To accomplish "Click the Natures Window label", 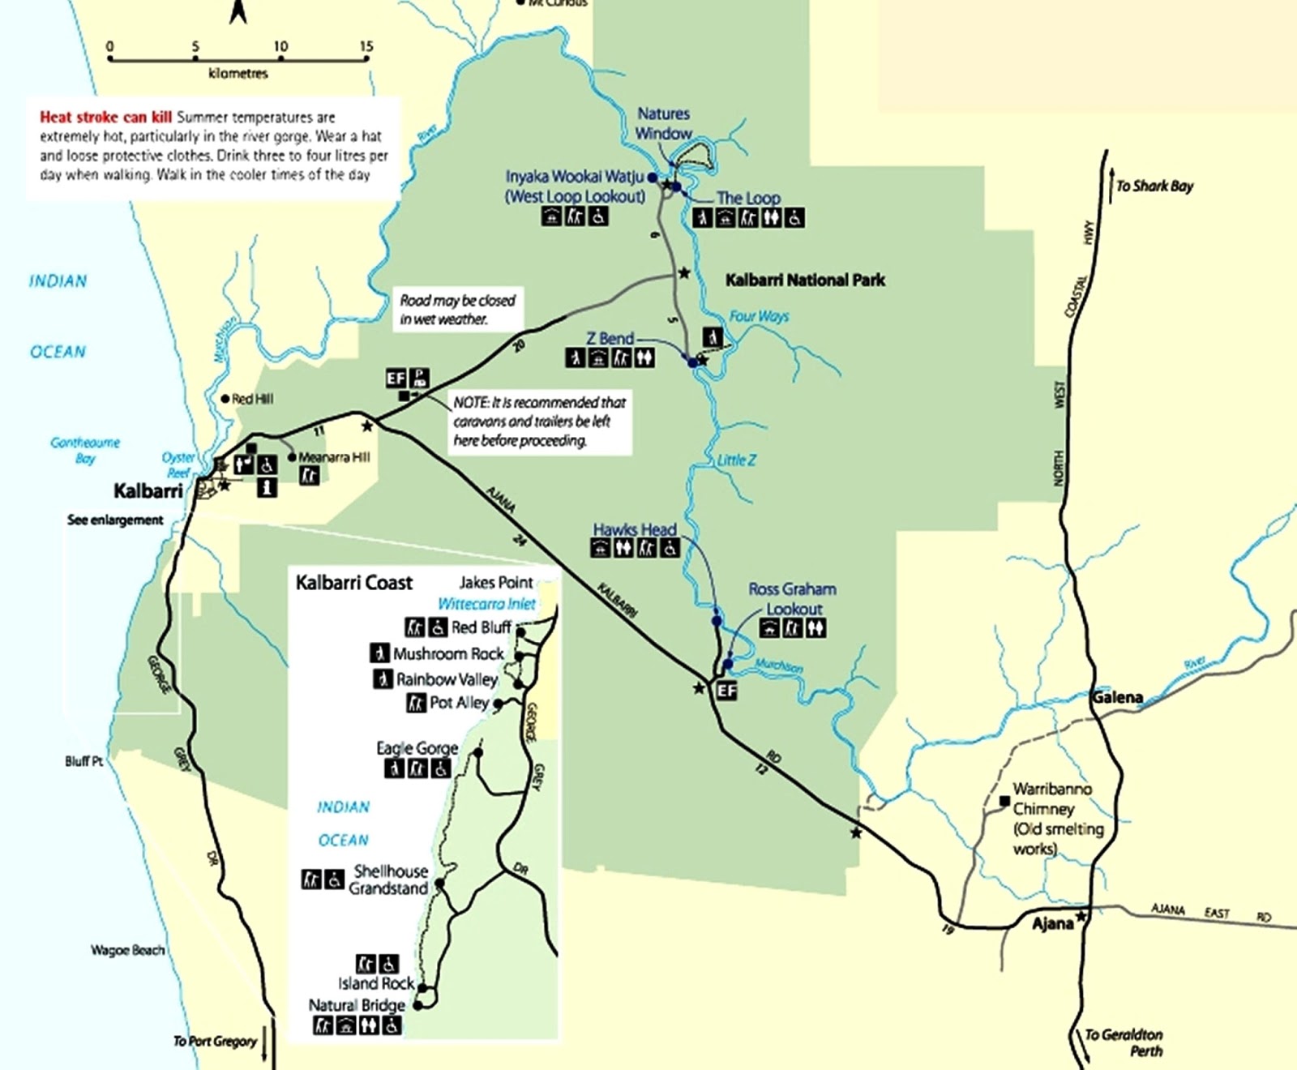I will pyautogui.click(x=663, y=123).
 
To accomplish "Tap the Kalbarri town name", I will pyautogui.click(x=148, y=490).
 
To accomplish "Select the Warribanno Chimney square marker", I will pyautogui.click(x=1004, y=801).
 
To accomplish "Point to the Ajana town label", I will pyautogui.click(x=1052, y=923).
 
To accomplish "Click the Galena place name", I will pyautogui.click(x=1117, y=697).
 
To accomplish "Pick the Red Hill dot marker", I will pyautogui.click(x=225, y=399).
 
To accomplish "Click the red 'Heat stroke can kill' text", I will pyautogui.click(x=105, y=117).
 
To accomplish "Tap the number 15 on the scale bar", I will pyautogui.click(x=366, y=46).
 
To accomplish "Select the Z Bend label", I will pyautogui.click(x=610, y=338).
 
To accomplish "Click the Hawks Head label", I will pyautogui.click(x=634, y=529).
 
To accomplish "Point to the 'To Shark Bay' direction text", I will pyautogui.click(x=1154, y=186).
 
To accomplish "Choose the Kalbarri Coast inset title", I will pyautogui.click(x=353, y=582).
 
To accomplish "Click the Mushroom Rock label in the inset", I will pyautogui.click(x=448, y=653).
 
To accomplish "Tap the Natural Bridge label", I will pyautogui.click(x=357, y=1005).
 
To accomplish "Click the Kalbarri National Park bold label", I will pyautogui.click(x=804, y=280).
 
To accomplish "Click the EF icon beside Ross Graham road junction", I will pyautogui.click(x=726, y=690).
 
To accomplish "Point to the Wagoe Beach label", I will pyautogui.click(x=127, y=949).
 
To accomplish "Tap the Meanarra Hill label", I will pyautogui.click(x=334, y=456).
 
